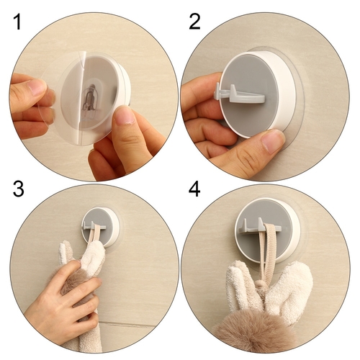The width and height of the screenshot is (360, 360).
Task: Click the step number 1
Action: pos(18,22)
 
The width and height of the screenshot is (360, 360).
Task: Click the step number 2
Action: pos(194,22)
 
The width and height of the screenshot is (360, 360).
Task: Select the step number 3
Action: pos(19,188)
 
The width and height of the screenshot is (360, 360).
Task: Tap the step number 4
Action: pos(194,189)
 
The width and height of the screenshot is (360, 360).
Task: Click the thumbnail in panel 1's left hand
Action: pos(37,86)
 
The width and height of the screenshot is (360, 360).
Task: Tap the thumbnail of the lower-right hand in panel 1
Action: pos(124,115)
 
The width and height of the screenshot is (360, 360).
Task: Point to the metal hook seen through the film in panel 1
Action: pos(90,97)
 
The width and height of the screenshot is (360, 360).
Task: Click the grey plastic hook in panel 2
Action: pos(239,94)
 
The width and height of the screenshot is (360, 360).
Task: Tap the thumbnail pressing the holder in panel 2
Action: pos(273,141)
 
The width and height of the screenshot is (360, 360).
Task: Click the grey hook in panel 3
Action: pos(94,225)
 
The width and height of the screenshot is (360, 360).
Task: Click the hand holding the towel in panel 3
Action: pos(63,294)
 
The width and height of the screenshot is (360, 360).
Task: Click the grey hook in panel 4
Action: pos(260,226)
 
